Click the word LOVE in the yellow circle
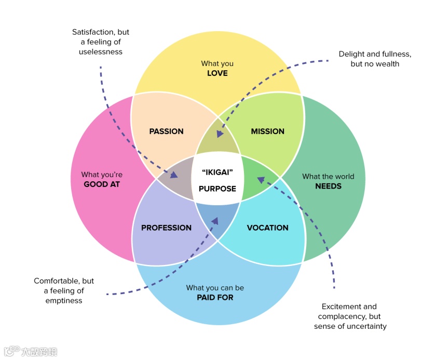pyautogui.click(x=217, y=73)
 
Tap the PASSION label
pyautogui.click(x=166, y=131)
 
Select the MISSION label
pyautogui.click(x=268, y=131)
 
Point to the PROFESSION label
pyautogui.click(x=166, y=228)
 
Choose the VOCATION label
pyautogui.click(x=267, y=228)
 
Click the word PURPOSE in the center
pyautogui.click(x=217, y=189)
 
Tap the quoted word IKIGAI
pyautogui.click(x=217, y=171)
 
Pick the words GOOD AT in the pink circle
pyautogui.click(x=102, y=184)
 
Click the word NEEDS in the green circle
pyautogui.click(x=328, y=185)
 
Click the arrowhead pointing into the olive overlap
pyautogui.click(x=220, y=134)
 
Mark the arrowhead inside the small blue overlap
pyautogui.click(x=215, y=221)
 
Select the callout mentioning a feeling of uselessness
pyautogui.click(x=101, y=42)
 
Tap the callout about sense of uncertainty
pyautogui.click(x=350, y=316)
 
